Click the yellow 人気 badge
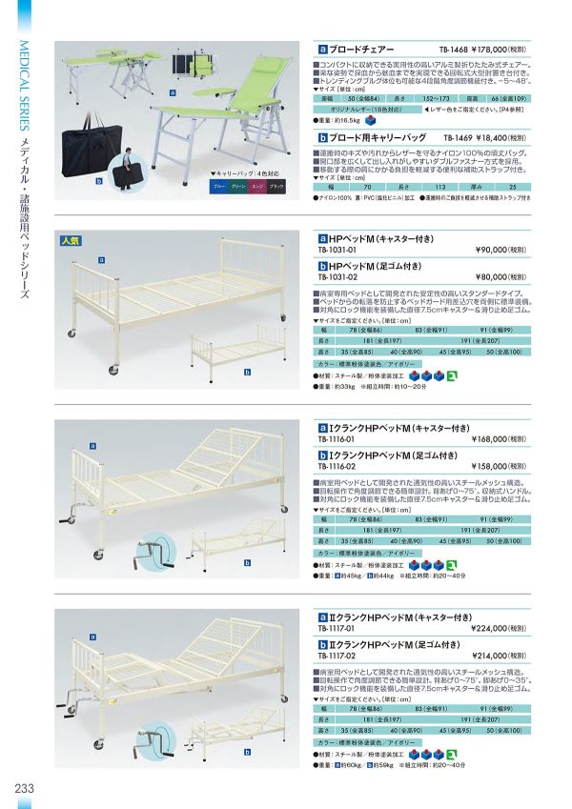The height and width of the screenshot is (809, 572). (71, 239)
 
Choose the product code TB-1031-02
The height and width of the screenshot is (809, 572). (337, 279)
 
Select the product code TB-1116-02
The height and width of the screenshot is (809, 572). (337, 469)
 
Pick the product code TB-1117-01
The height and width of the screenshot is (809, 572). (337, 629)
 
